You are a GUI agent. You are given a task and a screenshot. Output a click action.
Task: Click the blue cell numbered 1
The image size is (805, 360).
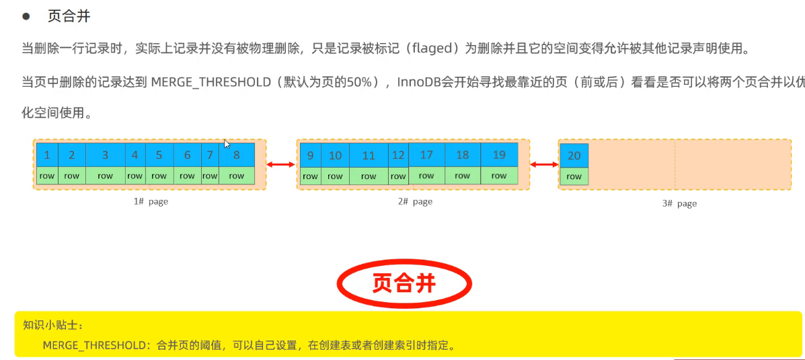[x=47, y=155]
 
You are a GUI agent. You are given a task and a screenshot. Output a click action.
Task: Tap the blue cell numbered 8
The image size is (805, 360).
[x=237, y=155]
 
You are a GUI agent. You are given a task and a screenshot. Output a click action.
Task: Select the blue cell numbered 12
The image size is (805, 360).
[x=398, y=155]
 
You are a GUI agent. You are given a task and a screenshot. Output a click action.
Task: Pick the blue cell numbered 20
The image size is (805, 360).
[x=574, y=155]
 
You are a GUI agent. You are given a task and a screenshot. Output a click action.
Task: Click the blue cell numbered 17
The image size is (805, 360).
[x=426, y=155]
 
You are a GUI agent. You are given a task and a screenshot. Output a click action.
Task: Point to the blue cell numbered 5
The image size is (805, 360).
[x=159, y=155]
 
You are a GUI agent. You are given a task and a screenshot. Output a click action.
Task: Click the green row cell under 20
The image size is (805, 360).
[x=574, y=176]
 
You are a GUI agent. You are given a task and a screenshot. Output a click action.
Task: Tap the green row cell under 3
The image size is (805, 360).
[x=105, y=176]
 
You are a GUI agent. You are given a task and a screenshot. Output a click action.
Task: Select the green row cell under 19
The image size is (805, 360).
[x=499, y=176]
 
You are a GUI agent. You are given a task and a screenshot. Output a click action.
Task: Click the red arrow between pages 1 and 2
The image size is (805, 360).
[x=281, y=164]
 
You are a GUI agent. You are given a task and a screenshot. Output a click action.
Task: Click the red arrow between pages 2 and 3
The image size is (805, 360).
[x=544, y=164]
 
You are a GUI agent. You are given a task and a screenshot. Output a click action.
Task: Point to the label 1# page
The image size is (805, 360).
[x=150, y=202]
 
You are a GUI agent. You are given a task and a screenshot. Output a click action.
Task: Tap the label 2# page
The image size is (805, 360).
[x=414, y=202]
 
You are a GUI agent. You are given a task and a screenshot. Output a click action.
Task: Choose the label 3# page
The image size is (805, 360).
[x=679, y=203]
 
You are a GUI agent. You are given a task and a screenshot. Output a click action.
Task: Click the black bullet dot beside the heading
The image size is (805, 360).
[x=26, y=16]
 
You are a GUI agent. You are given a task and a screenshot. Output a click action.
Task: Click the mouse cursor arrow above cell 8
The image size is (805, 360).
[x=227, y=143]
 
